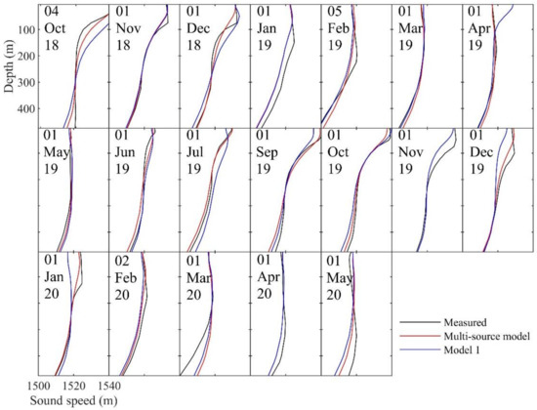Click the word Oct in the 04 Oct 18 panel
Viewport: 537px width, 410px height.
[x=56, y=28]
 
